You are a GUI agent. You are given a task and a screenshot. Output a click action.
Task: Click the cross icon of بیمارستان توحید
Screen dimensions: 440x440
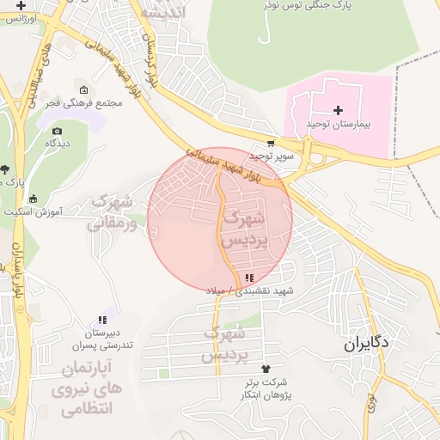pyautogui.click(x=338, y=110)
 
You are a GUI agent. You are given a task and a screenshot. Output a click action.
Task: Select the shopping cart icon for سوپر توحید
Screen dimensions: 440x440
pyautogui.click(x=272, y=144)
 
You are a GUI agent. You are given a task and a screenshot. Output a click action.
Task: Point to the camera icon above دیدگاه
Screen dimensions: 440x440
pyautogui.click(x=57, y=131)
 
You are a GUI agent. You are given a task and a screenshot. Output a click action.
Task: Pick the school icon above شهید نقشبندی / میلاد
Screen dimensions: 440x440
pyautogui.click(x=249, y=278)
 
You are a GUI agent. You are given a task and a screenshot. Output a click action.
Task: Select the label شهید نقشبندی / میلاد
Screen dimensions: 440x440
pyautogui.click(x=249, y=291)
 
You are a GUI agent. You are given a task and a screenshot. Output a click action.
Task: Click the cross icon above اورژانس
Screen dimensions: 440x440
pyautogui.click(x=21, y=5)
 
